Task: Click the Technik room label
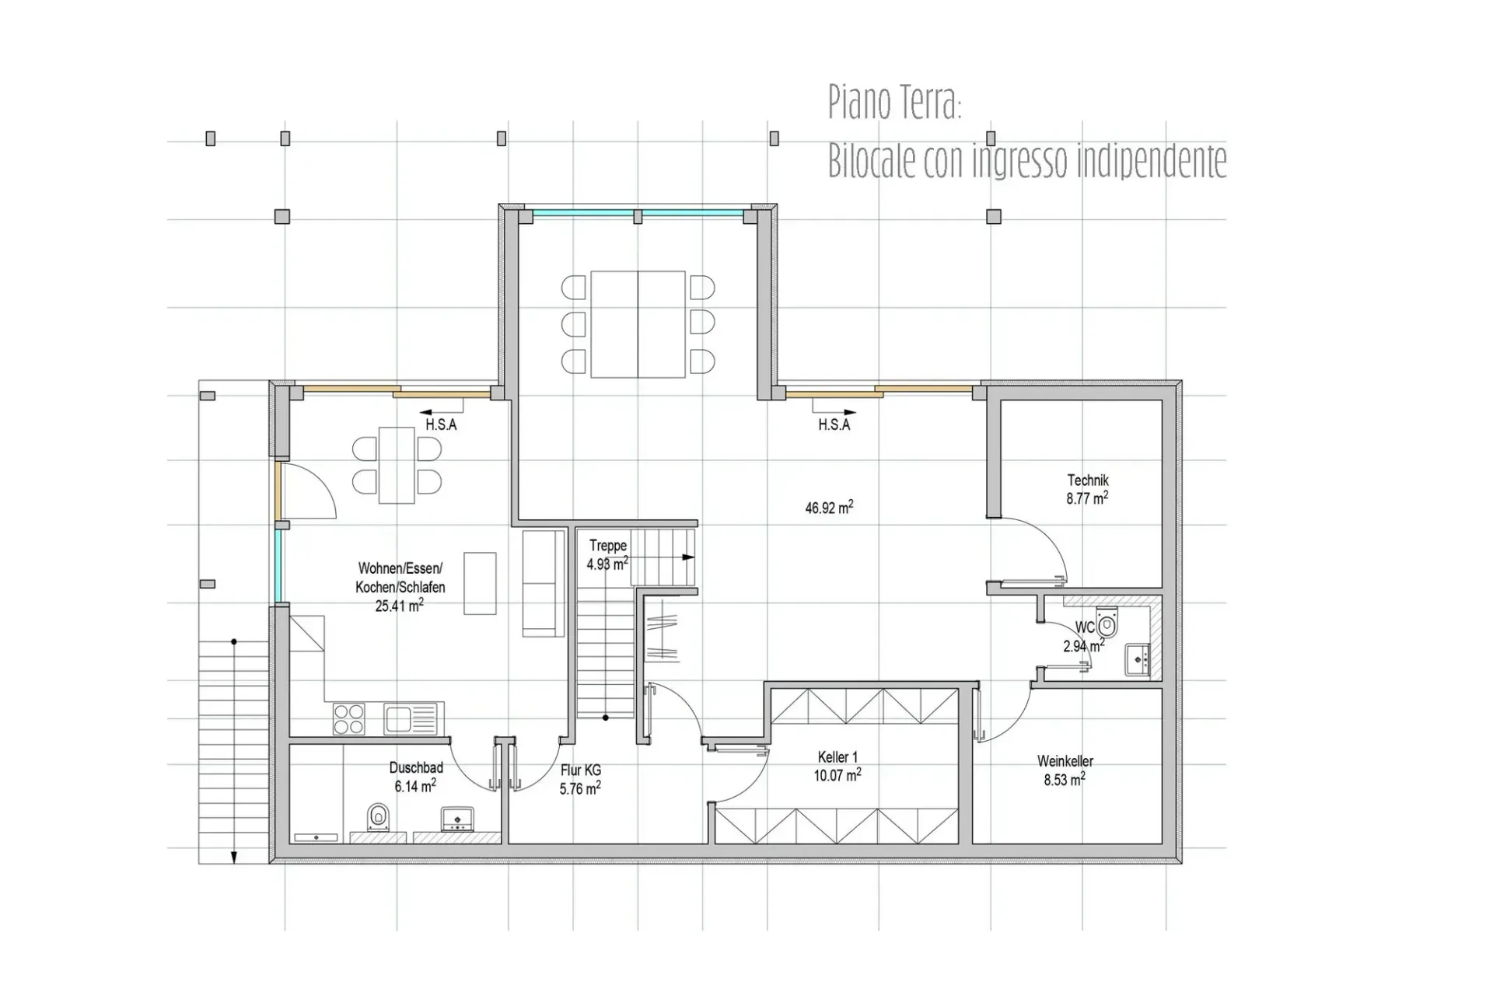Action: [x=1087, y=480]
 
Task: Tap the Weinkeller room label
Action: [x=1065, y=761]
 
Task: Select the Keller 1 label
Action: [x=837, y=757]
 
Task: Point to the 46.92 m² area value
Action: [x=829, y=508]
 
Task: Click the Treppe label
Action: [x=607, y=546]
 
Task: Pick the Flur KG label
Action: [x=580, y=770]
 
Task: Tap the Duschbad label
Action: [x=416, y=768]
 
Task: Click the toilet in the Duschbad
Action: [x=379, y=818]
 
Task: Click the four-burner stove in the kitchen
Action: [x=349, y=718]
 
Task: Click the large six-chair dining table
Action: [x=638, y=324]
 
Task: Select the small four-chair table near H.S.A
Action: [x=397, y=465]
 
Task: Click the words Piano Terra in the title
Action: [x=895, y=102]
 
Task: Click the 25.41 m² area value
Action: [x=399, y=606]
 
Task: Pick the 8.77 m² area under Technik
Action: [x=1087, y=498]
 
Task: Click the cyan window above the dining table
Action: [x=638, y=212]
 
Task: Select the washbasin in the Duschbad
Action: [x=457, y=819]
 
